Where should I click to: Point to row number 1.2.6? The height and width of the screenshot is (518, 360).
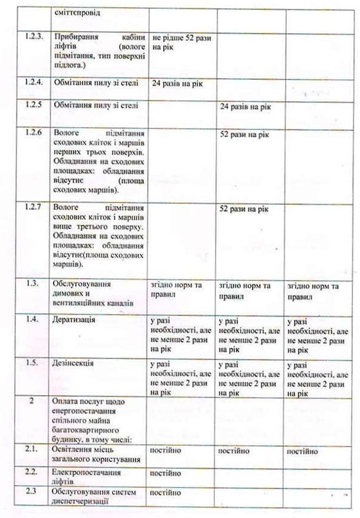[x=34, y=133]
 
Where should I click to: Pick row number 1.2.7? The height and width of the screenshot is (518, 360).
[x=34, y=207]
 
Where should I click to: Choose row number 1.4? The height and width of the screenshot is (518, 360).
[x=34, y=320]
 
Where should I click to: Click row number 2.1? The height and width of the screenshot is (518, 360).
[x=34, y=451]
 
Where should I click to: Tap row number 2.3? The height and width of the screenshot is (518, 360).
[x=34, y=491]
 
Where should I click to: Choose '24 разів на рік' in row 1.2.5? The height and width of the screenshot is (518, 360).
[x=245, y=107]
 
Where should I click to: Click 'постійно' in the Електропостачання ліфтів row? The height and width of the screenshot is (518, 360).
[x=166, y=473]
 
